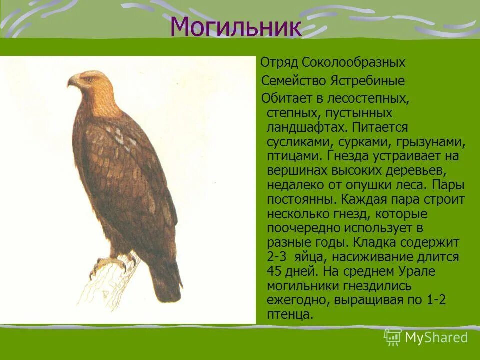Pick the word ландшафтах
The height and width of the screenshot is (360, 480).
tap(304, 127)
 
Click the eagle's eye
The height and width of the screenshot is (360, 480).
tap(89, 79)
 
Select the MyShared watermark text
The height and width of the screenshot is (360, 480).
tap(436, 337)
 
